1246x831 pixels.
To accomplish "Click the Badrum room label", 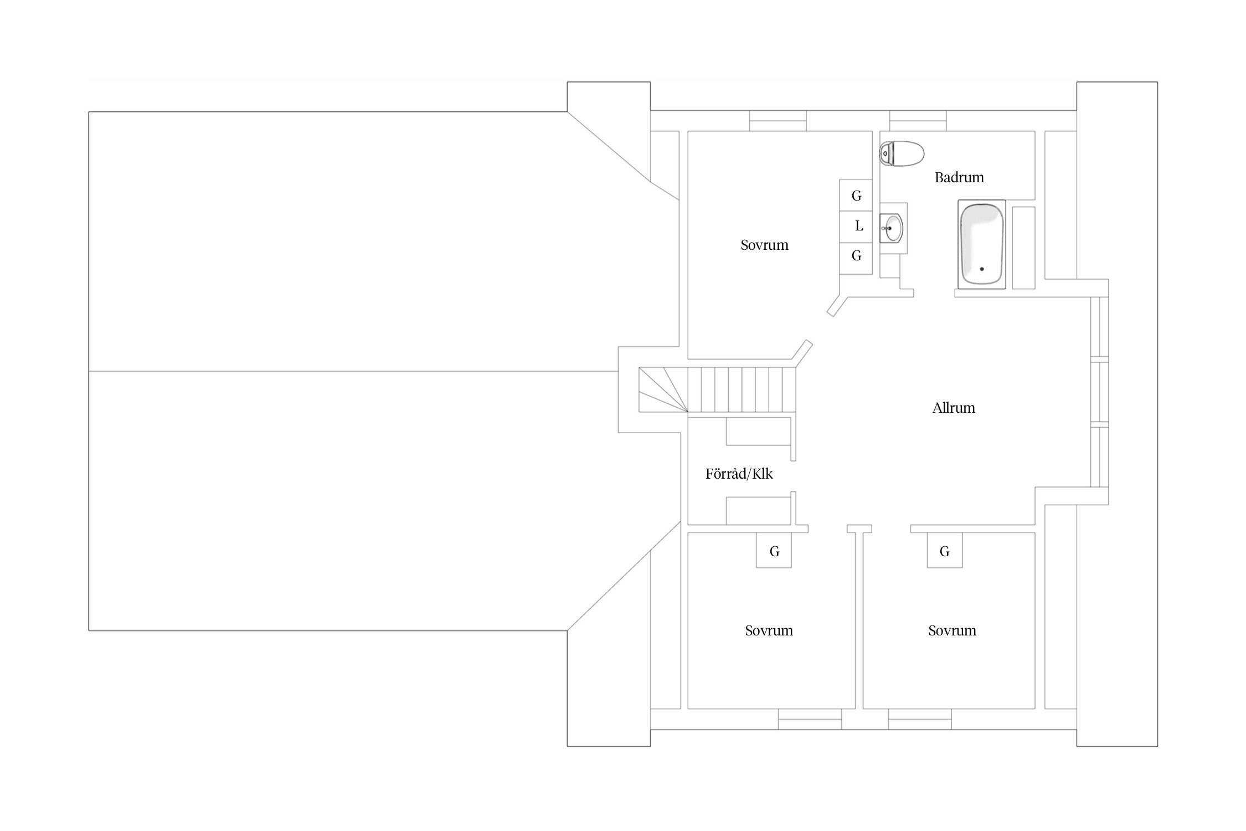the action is [959, 177].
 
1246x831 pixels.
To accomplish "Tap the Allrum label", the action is [954, 408].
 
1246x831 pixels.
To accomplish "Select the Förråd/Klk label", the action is [739, 474].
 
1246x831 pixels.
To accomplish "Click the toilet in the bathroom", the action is [902, 153].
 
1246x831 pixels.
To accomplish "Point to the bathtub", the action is [981, 244].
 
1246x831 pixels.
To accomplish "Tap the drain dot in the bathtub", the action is [982, 269].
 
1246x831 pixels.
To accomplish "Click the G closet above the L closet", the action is [856, 195].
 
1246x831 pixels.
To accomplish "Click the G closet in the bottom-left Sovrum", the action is [774, 550].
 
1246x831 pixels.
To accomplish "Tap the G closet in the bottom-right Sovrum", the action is [945, 550].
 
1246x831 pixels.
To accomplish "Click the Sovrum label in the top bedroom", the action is [764, 245].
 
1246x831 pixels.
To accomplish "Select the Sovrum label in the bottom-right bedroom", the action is [952, 630].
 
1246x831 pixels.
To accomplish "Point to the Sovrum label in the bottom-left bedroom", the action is [769, 630].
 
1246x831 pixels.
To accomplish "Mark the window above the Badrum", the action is [918, 121].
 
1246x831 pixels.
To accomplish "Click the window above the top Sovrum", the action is [778, 121].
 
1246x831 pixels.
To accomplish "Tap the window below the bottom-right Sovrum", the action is [920, 719].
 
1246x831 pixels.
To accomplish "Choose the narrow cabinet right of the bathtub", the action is [1023, 248].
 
